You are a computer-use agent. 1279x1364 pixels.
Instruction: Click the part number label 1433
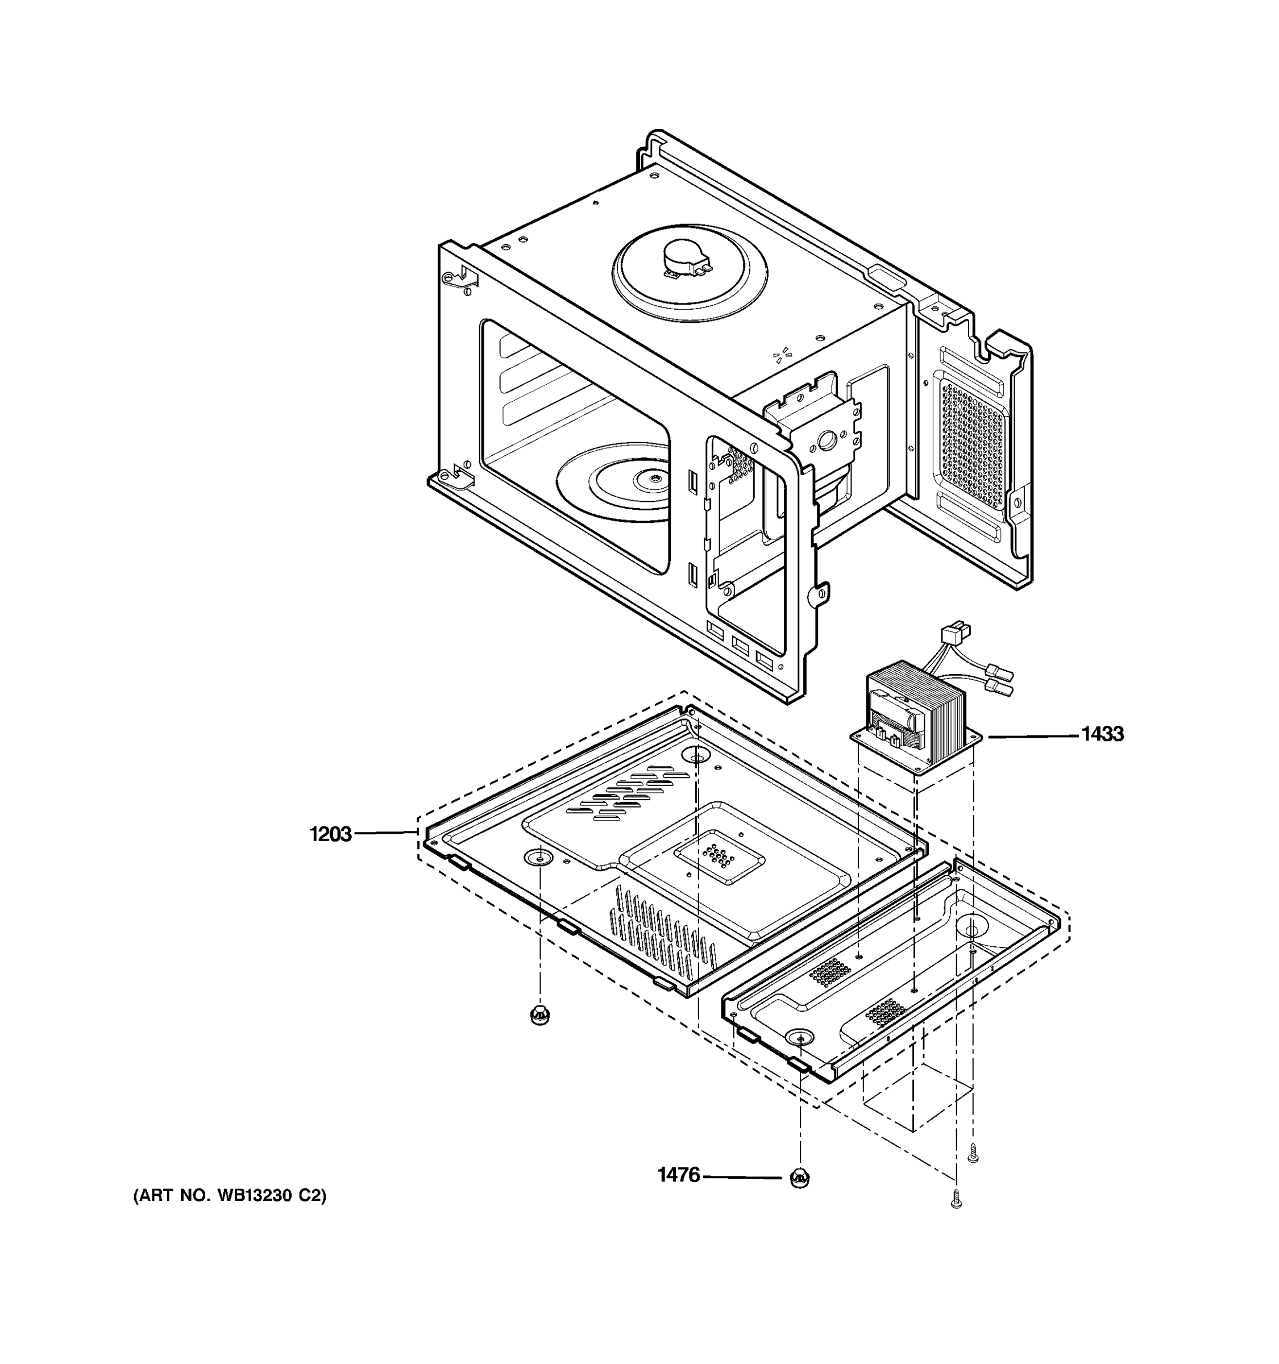click(x=1103, y=734)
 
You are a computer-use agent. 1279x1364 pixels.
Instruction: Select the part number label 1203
click(x=330, y=834)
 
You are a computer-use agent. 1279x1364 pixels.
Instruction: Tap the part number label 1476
click(x=679, y=1175)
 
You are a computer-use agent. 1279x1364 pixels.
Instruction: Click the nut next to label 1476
click(x=799, y=1178)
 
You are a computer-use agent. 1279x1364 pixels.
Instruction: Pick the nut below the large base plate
click(x=540, y=1013)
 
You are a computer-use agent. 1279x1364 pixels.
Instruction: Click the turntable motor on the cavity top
click(x=686, y=259)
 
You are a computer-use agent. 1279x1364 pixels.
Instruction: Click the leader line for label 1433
click(x=1033, y=735)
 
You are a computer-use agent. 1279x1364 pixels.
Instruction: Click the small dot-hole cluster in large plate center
click(x=719, y=855)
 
